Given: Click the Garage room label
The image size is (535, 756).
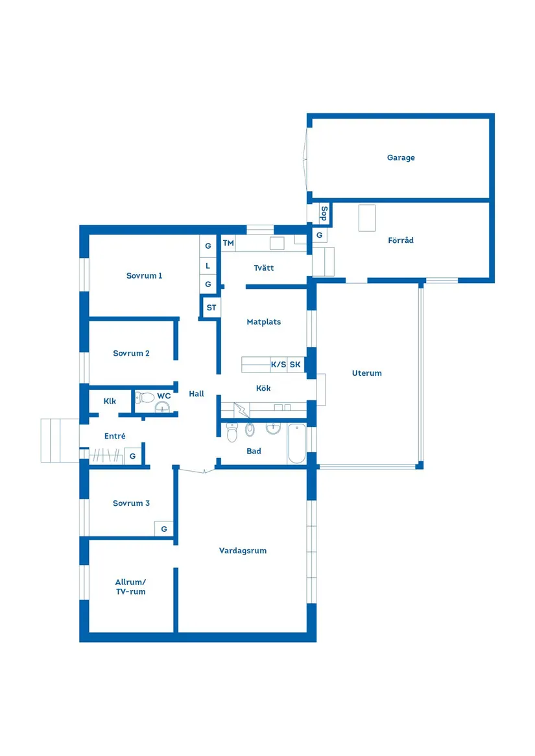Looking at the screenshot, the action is (x=401, y=157).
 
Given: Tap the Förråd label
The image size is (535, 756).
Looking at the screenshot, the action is (x=401, y=240).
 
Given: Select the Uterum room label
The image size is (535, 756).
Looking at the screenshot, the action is (x=367, y=373).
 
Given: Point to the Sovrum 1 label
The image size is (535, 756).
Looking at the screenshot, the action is (x=145, y=276).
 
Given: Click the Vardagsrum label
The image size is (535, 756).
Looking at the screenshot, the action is (x=243, y=551).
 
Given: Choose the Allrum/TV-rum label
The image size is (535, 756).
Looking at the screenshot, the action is (x=131, y=587).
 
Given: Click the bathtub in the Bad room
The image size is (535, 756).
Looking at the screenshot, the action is (x=296, y=444).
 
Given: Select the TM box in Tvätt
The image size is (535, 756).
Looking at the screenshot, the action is (x=228, y=244).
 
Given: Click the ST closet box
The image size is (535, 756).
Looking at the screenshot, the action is (x=211, y=308).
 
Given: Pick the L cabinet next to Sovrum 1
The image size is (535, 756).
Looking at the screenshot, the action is (x=208, y=266).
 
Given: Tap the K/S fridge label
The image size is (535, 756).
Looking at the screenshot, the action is (x=279, y=365).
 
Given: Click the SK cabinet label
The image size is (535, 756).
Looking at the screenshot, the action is (x=295, y=365).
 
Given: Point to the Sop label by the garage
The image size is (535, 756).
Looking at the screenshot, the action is (x=324, y=213).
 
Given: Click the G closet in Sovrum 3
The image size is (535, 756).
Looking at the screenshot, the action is (x=164, y=529).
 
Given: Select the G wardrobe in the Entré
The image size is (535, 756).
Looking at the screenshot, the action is (x=133, y=456).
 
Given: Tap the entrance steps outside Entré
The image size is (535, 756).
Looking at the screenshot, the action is (x=60, y=441).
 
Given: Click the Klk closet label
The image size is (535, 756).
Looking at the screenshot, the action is (x=110, y=401).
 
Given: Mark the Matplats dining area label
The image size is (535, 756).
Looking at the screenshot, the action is (x=264, y=322).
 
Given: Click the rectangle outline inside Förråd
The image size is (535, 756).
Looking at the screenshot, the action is (x=367, y=218).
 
